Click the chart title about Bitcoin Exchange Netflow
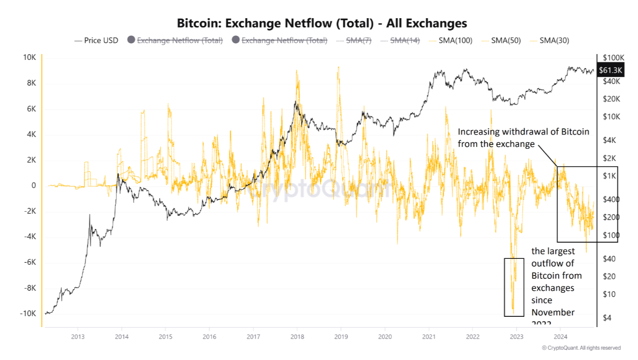[322, 23]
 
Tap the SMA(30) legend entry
[554, 40]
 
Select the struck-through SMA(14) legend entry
[405, 40]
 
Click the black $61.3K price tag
[610, 70]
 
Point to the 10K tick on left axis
[29, 57]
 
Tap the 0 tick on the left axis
[33, 186]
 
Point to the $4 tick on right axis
[607, 318]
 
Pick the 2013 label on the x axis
[78, 336]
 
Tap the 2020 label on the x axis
[385, 336]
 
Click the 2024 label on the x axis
[560, 336]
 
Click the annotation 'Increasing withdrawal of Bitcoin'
[523, 132]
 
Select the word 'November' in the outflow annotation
[553, 312]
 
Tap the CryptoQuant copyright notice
[581, 348]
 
